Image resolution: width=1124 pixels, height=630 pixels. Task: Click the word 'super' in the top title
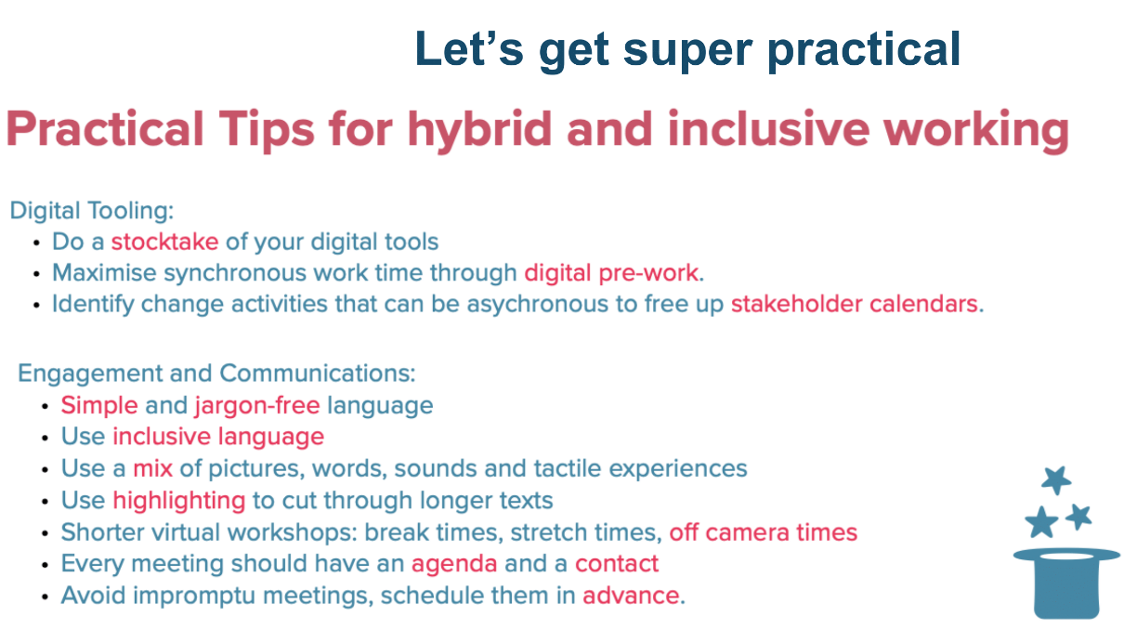687,51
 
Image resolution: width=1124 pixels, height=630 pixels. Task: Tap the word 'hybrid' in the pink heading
479,130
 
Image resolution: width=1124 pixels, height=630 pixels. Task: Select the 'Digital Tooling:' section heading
92,211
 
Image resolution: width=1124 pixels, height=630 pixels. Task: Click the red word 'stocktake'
165,242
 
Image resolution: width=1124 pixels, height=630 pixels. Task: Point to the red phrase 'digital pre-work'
611,273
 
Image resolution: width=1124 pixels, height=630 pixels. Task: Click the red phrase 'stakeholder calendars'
855,304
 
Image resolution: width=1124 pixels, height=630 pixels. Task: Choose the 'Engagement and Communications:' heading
216,374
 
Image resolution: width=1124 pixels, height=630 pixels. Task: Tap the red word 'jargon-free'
257,406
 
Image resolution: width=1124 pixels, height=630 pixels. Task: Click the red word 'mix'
152,468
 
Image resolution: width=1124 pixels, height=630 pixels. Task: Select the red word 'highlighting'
179,501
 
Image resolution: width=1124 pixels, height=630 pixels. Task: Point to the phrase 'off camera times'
764,532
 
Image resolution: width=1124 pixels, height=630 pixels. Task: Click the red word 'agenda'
454,564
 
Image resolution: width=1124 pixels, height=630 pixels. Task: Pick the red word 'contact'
617,564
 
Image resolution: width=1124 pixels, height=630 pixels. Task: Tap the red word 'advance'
632,596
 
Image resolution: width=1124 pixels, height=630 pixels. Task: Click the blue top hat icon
1066,583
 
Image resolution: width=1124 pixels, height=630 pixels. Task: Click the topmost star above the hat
1056,480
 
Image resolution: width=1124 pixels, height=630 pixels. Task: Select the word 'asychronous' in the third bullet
538,305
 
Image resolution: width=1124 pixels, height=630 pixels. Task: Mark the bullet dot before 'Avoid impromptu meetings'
46,597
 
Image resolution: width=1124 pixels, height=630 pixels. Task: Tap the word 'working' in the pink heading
976,130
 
